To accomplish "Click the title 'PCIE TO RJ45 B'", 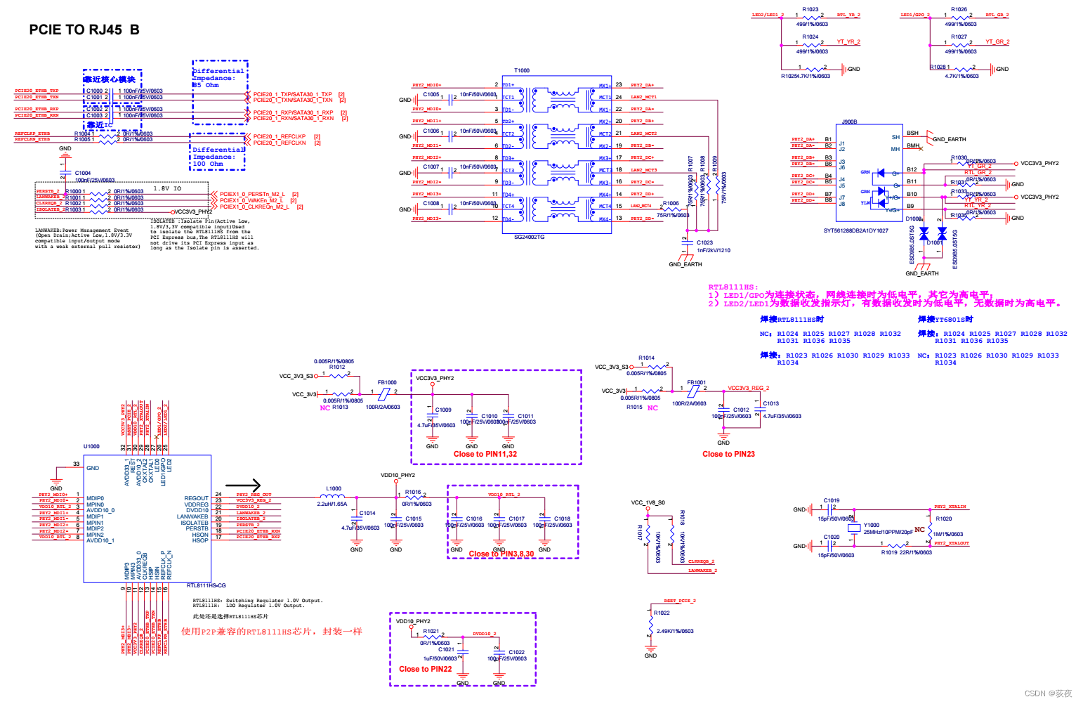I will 84,30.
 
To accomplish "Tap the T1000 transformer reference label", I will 522,70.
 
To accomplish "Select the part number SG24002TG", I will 529,237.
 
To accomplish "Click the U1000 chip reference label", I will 91,446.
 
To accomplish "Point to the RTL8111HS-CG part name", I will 206,585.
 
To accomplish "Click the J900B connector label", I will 849,122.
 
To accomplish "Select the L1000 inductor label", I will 334,488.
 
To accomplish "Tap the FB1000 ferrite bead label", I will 387,383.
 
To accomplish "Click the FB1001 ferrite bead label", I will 696,383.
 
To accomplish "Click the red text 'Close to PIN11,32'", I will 485,454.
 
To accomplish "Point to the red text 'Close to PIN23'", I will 728,454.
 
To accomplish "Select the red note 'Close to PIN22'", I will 425,669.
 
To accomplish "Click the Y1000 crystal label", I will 871,525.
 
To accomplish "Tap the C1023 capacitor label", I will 704,242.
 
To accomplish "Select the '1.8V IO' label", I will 167,188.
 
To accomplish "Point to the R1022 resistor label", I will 662,613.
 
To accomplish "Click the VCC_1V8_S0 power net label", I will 648,502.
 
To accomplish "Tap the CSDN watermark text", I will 1048,693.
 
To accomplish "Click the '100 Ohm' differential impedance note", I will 207,164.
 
